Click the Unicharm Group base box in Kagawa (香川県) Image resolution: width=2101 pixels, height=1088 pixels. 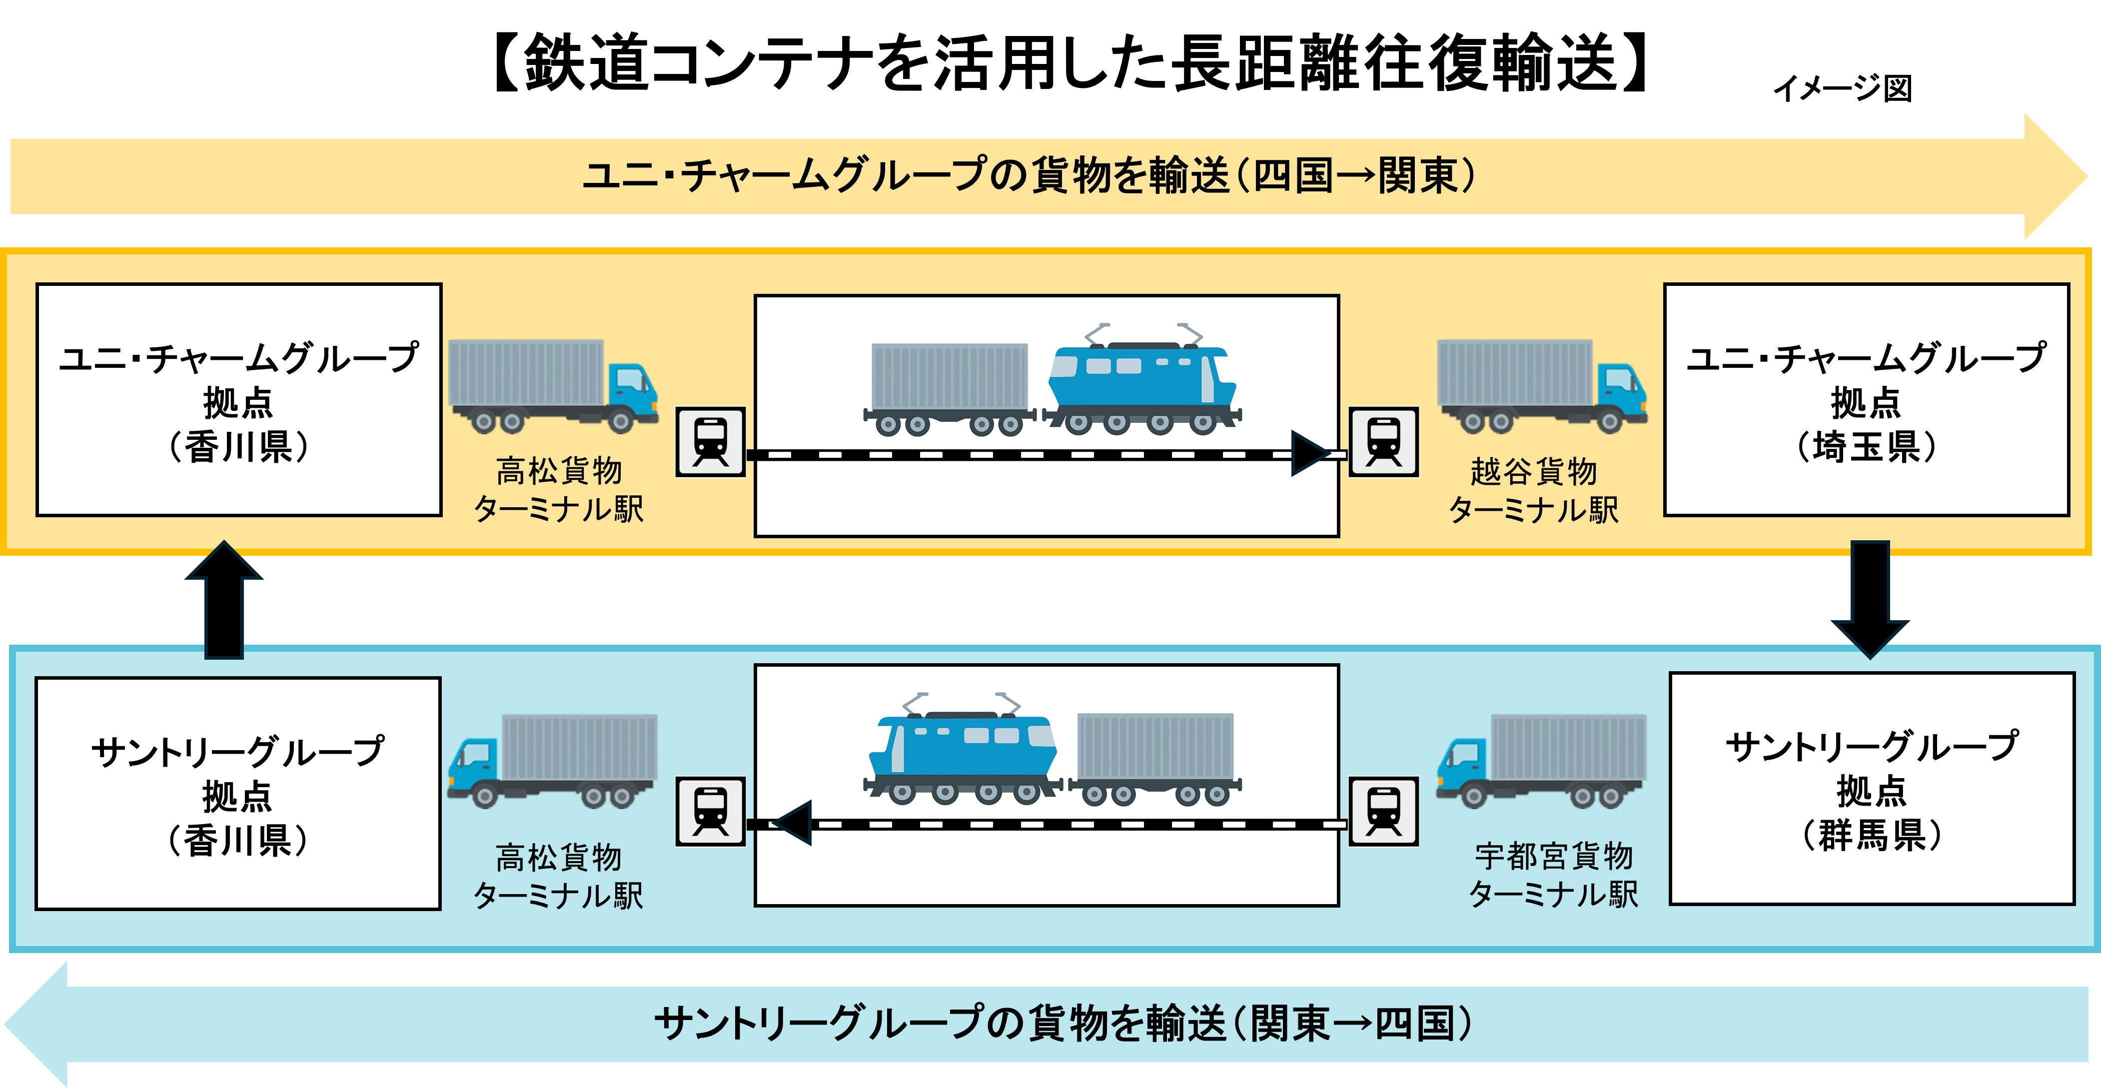(239, 400)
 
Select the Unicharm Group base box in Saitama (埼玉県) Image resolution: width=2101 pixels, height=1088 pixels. (1866, 400)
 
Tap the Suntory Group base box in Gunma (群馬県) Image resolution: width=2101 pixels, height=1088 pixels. (1872, 789)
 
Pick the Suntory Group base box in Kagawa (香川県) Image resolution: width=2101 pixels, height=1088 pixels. (237, 794)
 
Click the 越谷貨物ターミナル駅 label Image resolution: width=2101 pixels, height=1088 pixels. (1533, 490)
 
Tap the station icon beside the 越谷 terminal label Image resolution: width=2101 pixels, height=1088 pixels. (1384, 442)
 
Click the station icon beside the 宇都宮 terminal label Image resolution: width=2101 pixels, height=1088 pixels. (1384, 812)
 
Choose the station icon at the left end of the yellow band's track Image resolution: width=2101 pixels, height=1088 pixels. (710, 442)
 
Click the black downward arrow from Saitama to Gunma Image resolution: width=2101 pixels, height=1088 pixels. (1870, 599)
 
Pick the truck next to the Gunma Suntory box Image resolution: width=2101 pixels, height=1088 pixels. (1541, 760)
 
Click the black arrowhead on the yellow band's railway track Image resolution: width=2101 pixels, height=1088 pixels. (1310, 453)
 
